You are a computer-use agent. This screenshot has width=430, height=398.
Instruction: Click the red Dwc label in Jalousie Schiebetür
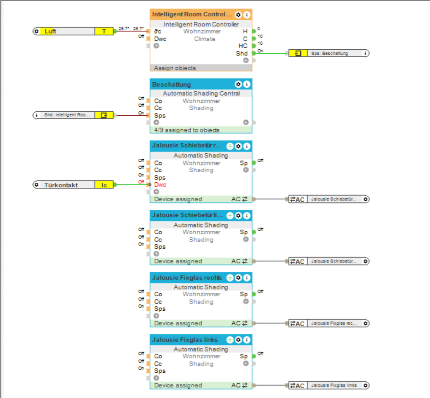pyautogui.click(x=160, y=185)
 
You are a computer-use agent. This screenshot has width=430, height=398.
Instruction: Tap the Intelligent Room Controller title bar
pyautogui.click(x=192, y=14)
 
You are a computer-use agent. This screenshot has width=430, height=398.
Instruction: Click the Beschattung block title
pyautogui.click(x=172, y=84)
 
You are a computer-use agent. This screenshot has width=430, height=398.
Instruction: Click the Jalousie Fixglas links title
pyautogui.click(x=185, y=340)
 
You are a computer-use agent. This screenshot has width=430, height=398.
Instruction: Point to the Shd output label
pyautogui.click(x=242, y=53)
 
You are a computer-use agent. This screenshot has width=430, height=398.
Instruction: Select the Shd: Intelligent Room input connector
pyautogui.click(x=73, y=115)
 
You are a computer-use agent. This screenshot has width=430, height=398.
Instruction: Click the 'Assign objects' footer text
pyautogui.click(x=175, y=68)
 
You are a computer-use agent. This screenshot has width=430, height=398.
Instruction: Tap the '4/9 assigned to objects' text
pyautogui.click(x=186, y=130)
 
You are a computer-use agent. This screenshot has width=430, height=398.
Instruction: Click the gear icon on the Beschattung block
pyautogui.click(x=238, y=84)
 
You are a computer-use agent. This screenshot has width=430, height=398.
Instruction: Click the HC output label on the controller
pyautogui.click(x=243, y=46)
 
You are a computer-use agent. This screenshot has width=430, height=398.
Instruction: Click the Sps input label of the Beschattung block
pyautogui.click(x=160, y=116)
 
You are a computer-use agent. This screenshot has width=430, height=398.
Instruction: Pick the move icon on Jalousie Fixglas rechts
pyautogui.click(x=230, y=278)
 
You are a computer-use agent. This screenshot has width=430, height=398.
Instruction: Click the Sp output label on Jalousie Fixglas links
pyautogui.click(x=244, y=356)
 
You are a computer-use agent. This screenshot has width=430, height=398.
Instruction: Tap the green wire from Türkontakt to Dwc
pyautogui.click(x=131, y=184)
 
